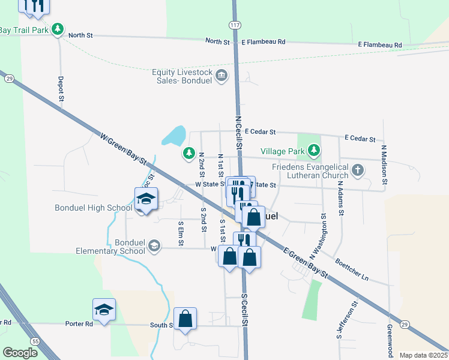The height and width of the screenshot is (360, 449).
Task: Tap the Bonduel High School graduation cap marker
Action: [x=145, y=199]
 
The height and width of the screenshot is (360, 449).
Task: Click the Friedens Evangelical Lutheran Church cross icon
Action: [x=358, y=170]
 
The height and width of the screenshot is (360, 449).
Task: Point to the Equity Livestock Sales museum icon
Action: [x=221, y=76]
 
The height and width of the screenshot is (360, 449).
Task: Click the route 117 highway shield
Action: [x=234, y=25]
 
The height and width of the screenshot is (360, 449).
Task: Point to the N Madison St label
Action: [x=384, y=164]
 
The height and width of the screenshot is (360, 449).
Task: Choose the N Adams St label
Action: [x=340, y=199]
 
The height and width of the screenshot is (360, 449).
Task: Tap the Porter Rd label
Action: [x=80, y=324]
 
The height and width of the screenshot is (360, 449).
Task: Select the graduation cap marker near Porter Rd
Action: [x=104, y=310]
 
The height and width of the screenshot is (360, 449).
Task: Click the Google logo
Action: [x=20, y=353]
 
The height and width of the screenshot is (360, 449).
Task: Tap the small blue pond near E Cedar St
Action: [x=173, y=136]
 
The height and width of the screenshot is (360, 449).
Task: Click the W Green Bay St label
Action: [x=124, y=151]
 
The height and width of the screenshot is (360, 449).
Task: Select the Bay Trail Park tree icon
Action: [x=58, y=28]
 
